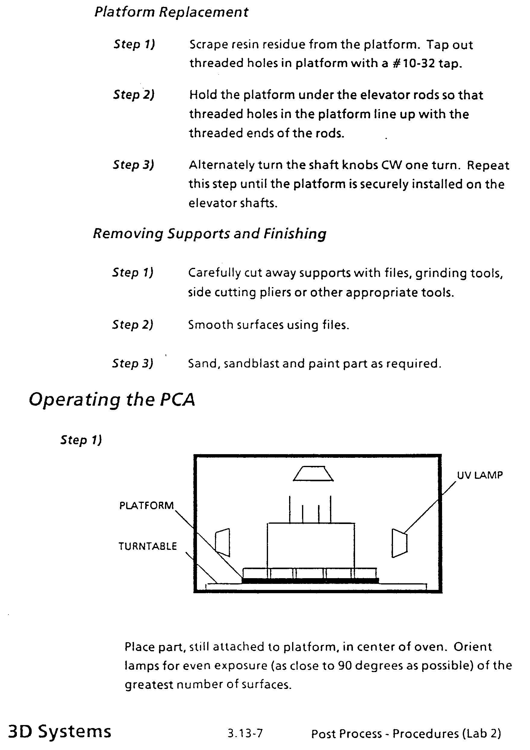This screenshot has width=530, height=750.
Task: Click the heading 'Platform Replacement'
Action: pyautogui.click(x=171, y=12)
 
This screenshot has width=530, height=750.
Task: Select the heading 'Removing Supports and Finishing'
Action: pyautogui.click(x=210, y=234)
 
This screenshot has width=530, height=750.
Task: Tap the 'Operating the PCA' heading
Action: pyautogui.click(x=112, y=399)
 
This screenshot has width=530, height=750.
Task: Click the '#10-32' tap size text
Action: pyautogui.click(x=414, y=63)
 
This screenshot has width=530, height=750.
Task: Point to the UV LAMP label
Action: pyautogui.click(x=479, y=475)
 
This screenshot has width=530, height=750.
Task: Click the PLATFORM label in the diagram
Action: pyautogui.click(x=146, y=506)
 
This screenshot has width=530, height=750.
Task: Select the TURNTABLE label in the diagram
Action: pyautogui.click(x=147, y=546)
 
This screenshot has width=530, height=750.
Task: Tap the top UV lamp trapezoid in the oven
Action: pyautogui.click(x=313, y=474)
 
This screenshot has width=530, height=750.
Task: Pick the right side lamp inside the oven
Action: pyautogui.click(x=399, y=543)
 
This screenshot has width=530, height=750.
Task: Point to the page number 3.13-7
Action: pyautogui.click(x=245, y=734)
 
